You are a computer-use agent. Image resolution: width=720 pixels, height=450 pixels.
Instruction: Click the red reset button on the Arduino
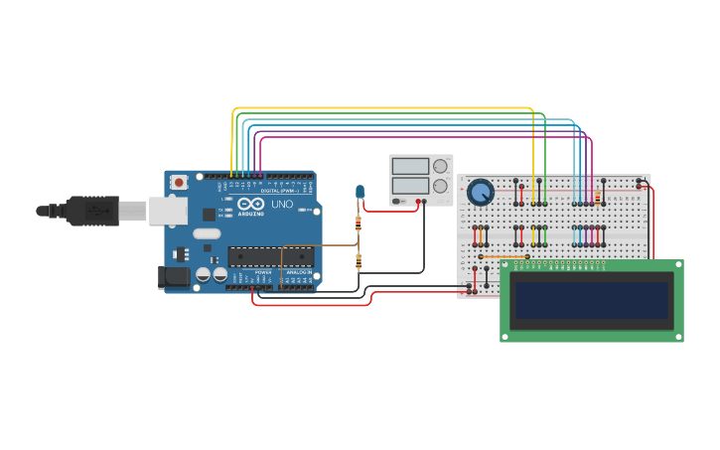[179, 182]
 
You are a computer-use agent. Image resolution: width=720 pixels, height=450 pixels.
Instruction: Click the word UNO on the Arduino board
[282, 204]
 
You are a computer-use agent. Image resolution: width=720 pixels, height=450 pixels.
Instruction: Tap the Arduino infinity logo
[251, 204]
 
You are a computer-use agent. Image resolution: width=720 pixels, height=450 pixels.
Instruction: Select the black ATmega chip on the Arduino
[270, 256]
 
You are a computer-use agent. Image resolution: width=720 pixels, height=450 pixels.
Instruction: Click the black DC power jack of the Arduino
[174, 277]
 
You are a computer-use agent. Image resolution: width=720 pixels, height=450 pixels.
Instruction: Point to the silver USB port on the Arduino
[168, 210]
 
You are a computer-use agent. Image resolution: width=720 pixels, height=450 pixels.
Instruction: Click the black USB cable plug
[94, 211]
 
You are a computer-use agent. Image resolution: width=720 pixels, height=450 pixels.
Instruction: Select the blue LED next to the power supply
[360, 191]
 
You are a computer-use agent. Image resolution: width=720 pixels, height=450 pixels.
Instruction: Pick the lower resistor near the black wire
[359, 261]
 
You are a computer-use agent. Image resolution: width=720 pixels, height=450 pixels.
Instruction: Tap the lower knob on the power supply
[440, 186]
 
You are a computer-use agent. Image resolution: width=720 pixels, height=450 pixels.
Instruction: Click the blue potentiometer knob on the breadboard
[481, 191]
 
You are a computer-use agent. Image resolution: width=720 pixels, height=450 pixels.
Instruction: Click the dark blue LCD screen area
[592, 300]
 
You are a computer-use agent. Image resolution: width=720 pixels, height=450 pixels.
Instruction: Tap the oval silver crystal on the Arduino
[207, 234]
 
